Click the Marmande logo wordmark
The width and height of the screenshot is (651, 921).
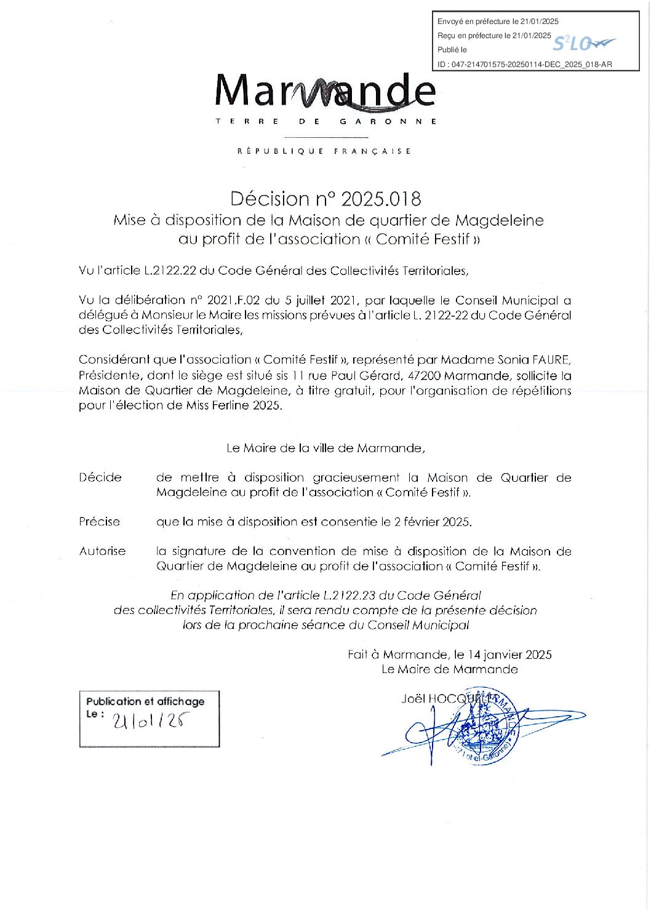point(325,91)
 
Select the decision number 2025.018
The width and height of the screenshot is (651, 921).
point(381,199)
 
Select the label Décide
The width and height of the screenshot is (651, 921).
point(100,477)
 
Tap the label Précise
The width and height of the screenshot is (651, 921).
point(99,522)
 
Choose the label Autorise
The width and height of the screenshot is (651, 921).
point(102,551)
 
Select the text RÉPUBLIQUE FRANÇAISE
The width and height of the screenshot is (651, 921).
point(324,151)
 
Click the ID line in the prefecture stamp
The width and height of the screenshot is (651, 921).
point(525,64)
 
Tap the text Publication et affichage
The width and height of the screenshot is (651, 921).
point(145,701)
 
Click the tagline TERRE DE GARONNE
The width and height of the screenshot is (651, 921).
point(325,122)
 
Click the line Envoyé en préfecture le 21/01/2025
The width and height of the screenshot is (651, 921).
point(498,22)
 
